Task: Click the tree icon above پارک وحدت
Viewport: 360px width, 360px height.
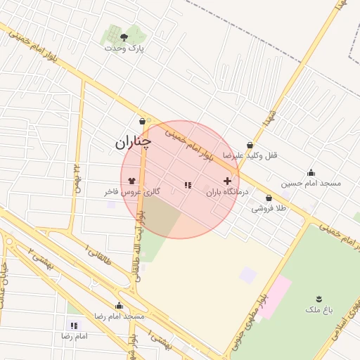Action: pyautogui.click(x=124, y=37)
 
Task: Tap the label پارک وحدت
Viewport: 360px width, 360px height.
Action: pyautogui.click(x=124, y=49)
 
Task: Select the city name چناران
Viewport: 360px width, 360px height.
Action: pyautogui.click(x=133, y=143)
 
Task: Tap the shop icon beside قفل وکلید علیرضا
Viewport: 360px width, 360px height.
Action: pyautogui.click(x=250, y=145)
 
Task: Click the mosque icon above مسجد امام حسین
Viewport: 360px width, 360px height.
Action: pyautogui.click(x=311, y=173)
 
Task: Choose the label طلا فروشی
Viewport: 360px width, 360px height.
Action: pyautogui.click(x=270, y=208)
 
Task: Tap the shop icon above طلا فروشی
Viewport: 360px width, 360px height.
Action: pyautogui.click(x=269, y=198)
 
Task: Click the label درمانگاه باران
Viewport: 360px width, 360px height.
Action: pyautogui.click(x=227, y=191)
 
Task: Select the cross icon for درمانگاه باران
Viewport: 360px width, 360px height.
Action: pyautogui.click(x=227, y=181)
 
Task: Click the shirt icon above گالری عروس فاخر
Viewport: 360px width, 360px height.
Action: pyautogui.click(x=132, y=181)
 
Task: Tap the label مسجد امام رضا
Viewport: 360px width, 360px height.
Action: pyautogui.click(x=119, y=316)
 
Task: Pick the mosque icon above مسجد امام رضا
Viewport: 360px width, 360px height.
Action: pyautogui.click(x=119, y=306)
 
